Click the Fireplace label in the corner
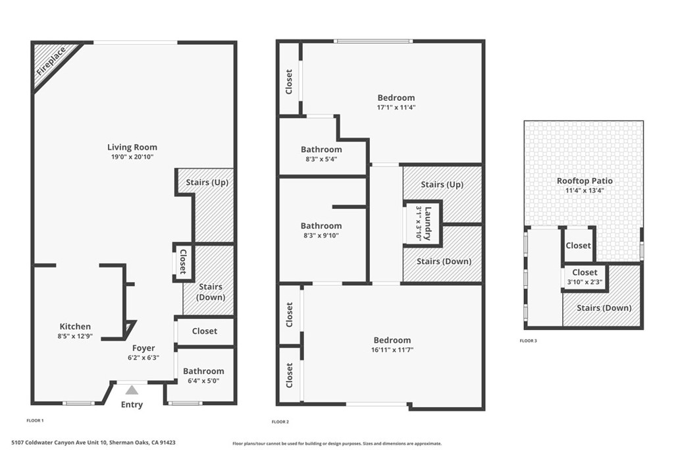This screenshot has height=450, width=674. (x=51, y=61)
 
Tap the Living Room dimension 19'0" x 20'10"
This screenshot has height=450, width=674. (x=132, y=157)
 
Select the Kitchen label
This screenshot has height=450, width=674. (x=75, y=327)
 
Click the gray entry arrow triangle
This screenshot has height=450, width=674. (x=132, y=390)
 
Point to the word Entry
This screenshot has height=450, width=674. (x=132, y=405)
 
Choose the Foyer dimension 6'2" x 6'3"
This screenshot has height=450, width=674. (x=143, y=357)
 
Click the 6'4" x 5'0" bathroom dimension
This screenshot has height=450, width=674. (x=204, y=380)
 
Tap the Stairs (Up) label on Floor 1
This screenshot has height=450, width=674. (x=207, y=183)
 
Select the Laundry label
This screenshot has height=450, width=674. (x=428, y=224)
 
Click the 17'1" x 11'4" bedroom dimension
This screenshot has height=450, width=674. (x=396, y=107)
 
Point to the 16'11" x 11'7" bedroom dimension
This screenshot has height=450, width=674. (x=392, y=350)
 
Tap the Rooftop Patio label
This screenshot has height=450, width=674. (x=585, y=181)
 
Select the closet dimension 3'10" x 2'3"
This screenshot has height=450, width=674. (x=585, y=282)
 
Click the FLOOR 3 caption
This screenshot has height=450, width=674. (x=529, y=341)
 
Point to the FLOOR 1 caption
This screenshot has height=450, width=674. (x=36, y=420)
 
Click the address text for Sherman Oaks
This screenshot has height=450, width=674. (x=93, y=442)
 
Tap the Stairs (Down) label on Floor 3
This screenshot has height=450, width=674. (x=604, y=308)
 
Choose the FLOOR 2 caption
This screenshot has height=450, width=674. (x=280, y=422)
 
